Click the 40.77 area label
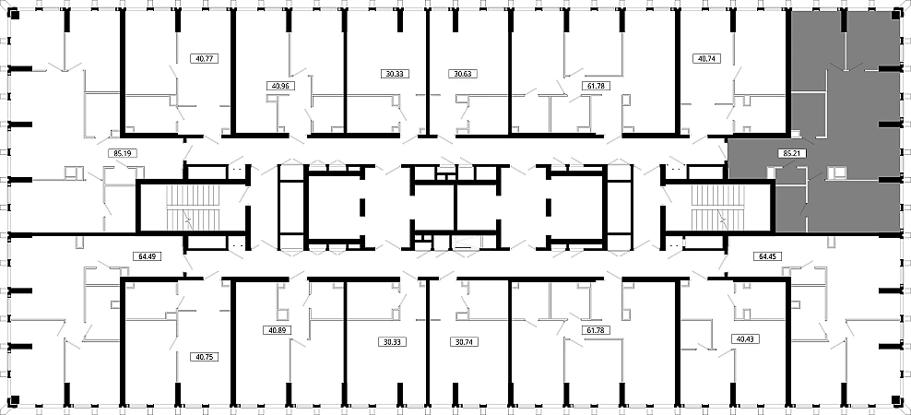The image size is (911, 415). click(204, 58)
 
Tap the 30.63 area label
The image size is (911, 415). click(462, 74)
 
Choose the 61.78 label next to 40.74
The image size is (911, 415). click(595, 86)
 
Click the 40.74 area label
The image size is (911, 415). click(705, 58)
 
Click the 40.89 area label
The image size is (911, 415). click(277, 329)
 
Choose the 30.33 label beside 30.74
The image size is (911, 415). click(393, 342)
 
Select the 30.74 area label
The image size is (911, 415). click(463, 342)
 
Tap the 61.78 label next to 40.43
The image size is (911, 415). click(595, 330)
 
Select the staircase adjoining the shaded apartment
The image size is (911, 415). click(716, 208)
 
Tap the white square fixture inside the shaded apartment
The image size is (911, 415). click(836, 172)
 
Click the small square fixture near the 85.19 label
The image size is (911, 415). click(72, 172)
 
